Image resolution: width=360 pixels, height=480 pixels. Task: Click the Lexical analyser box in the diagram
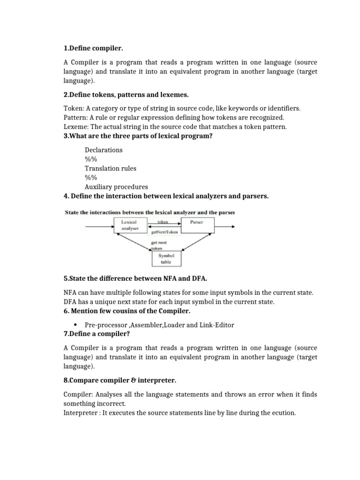tap(130, 225)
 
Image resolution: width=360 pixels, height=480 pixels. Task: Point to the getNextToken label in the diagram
tap(164, 232)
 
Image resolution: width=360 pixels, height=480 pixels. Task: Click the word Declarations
tap(104, 150)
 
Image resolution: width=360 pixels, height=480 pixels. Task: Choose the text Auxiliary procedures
tap(116, 186)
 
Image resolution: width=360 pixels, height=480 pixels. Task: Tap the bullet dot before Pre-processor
tap(75, 325)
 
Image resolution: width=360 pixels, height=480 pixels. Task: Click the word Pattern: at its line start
tap(76, 118)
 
